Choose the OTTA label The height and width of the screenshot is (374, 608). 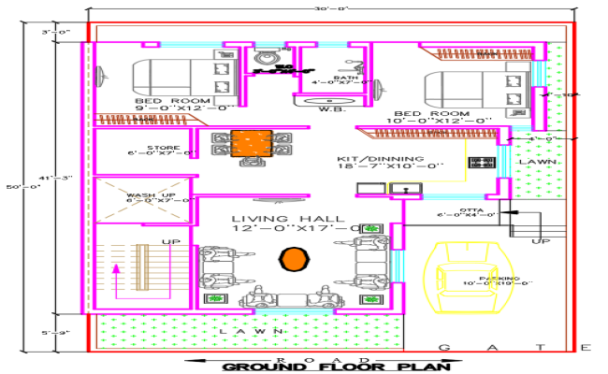(x=470, y=212)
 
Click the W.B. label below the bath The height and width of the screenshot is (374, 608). (x=333, y=109)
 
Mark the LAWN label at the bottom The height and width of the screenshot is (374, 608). (x=238, y=332)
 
